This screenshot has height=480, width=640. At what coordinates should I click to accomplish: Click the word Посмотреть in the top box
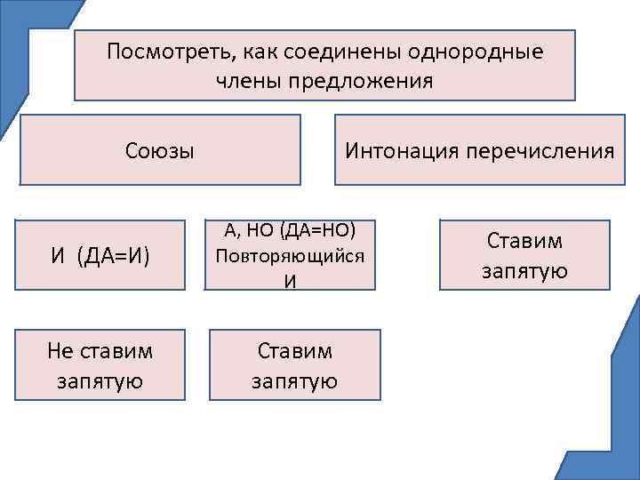coord(165,51)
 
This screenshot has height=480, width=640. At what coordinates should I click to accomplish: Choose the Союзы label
coord(160,150)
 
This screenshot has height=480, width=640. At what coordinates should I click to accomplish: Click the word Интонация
coord(397,150)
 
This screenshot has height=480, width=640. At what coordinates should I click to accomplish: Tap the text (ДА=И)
coord(113,258)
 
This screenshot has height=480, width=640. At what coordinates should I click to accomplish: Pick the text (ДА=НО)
coord(317,231)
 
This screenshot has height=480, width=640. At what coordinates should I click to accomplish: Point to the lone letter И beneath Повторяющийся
coord(289,281)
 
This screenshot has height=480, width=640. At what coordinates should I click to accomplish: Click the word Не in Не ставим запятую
coord(62,351)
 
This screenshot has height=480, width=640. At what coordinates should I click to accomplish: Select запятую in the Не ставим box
coord(100,382)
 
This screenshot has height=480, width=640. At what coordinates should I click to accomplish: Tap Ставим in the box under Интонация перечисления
coord(525,240)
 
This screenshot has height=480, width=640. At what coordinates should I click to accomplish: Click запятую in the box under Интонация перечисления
coord(525,271)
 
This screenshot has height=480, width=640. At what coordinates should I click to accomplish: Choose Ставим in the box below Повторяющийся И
coord(295,351)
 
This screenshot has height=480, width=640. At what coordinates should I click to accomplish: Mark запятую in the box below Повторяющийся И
coord(295,382)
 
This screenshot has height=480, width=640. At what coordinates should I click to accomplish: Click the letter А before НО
coord(230,231)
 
